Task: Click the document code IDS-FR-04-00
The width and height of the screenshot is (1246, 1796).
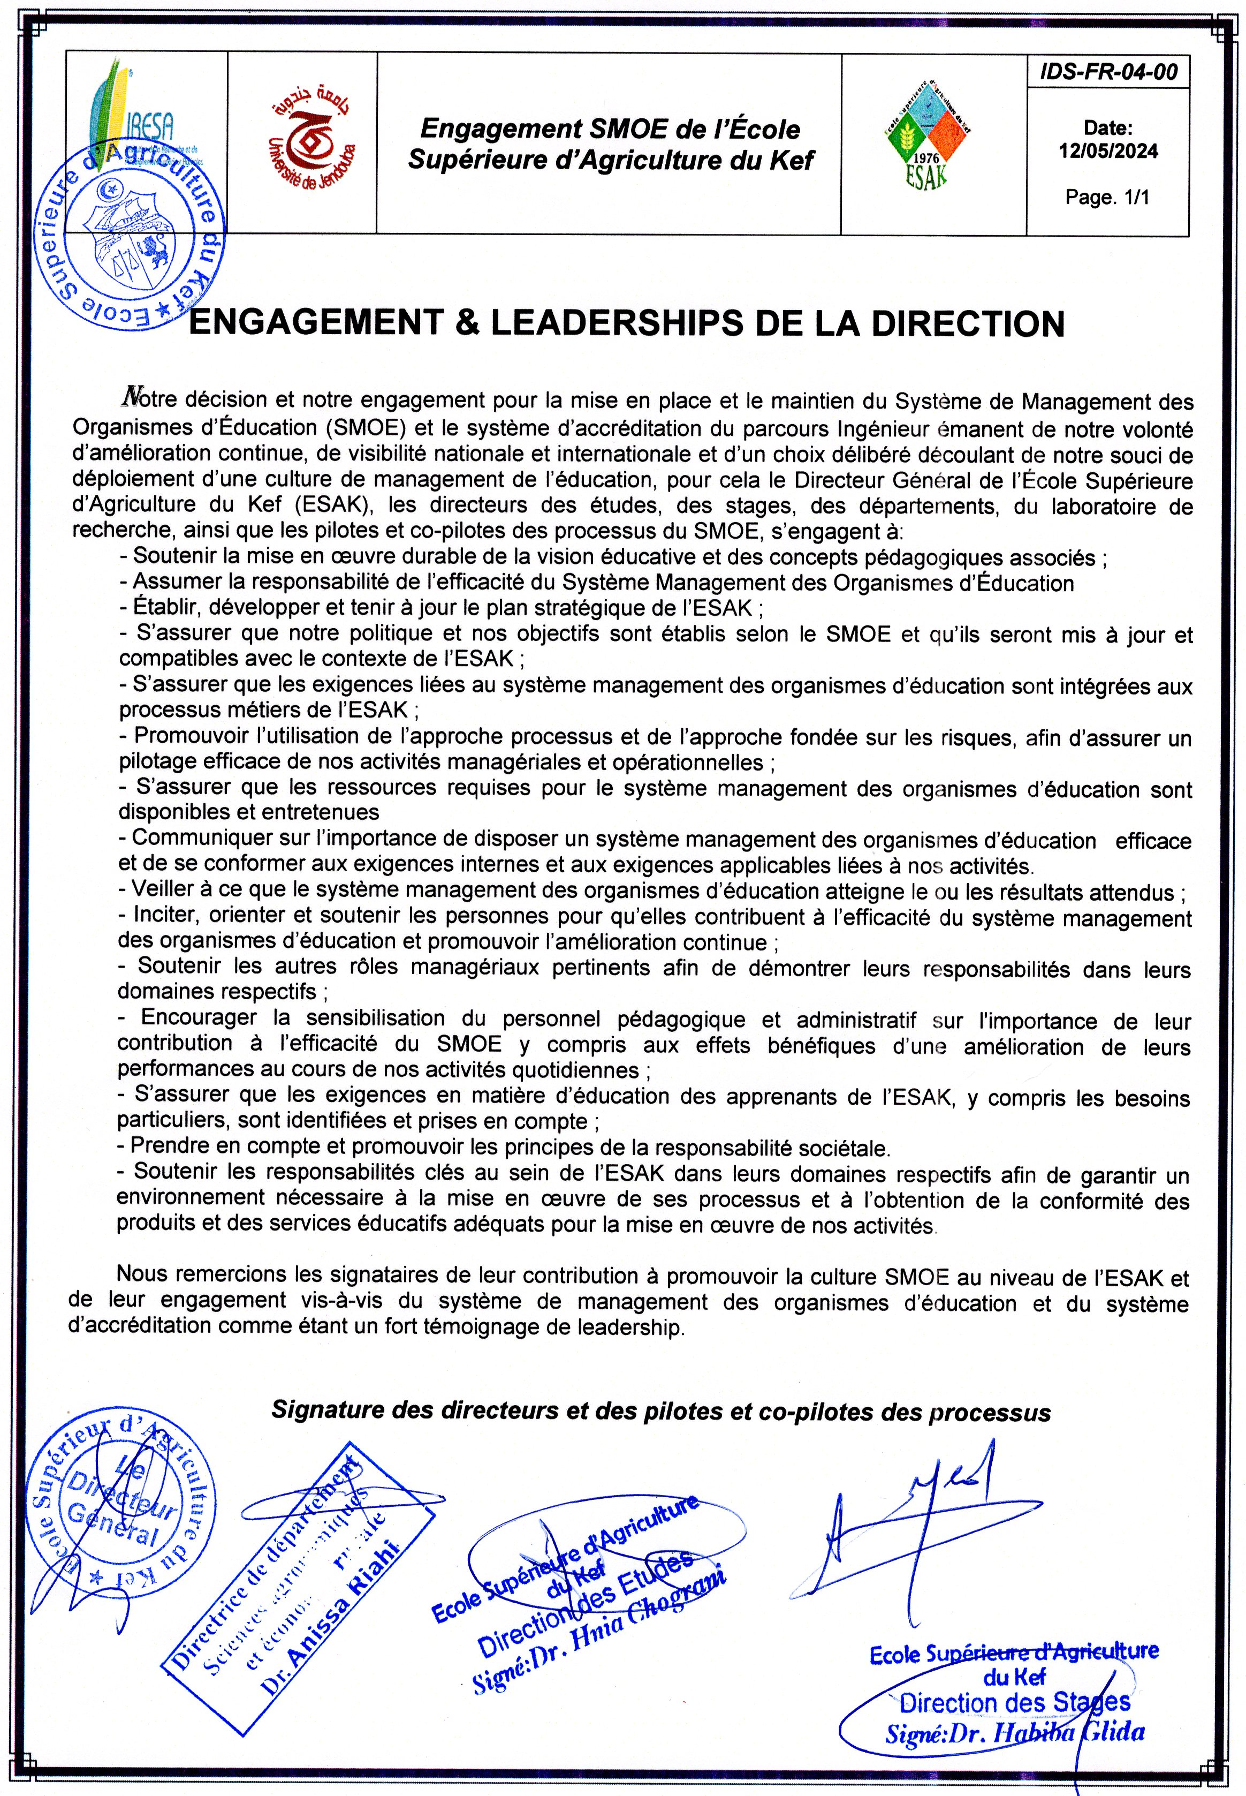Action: click(x=1108, y=73)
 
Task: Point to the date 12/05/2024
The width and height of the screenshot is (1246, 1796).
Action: click(x=1108, y=150)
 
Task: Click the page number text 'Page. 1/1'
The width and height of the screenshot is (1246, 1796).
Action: click(x=1108, y=198)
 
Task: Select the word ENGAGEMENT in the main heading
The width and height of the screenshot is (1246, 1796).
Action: click(x=317, y=323)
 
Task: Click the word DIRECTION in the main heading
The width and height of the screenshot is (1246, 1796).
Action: click(x=969, y=323)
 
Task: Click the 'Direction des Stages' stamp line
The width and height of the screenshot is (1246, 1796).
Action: click(x=1015, y=1702)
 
